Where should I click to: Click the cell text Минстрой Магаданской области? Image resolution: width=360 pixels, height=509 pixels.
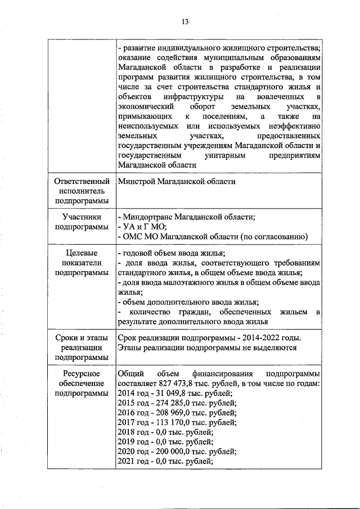[177, 182]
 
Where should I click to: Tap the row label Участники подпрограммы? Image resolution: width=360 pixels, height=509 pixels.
[81, 222]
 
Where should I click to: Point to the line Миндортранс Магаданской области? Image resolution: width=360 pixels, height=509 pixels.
[187, 217]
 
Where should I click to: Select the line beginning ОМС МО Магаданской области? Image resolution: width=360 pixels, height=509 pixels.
[213, 237]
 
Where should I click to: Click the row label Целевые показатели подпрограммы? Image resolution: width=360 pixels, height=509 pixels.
[81, 263]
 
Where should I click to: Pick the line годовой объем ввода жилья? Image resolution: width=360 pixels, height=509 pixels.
[172, 253]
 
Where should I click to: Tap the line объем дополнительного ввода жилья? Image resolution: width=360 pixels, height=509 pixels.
[188, 302]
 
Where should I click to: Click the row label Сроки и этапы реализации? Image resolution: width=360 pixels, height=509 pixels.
[81, 347]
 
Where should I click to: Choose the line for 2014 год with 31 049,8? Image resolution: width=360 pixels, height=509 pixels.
[173, 394]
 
